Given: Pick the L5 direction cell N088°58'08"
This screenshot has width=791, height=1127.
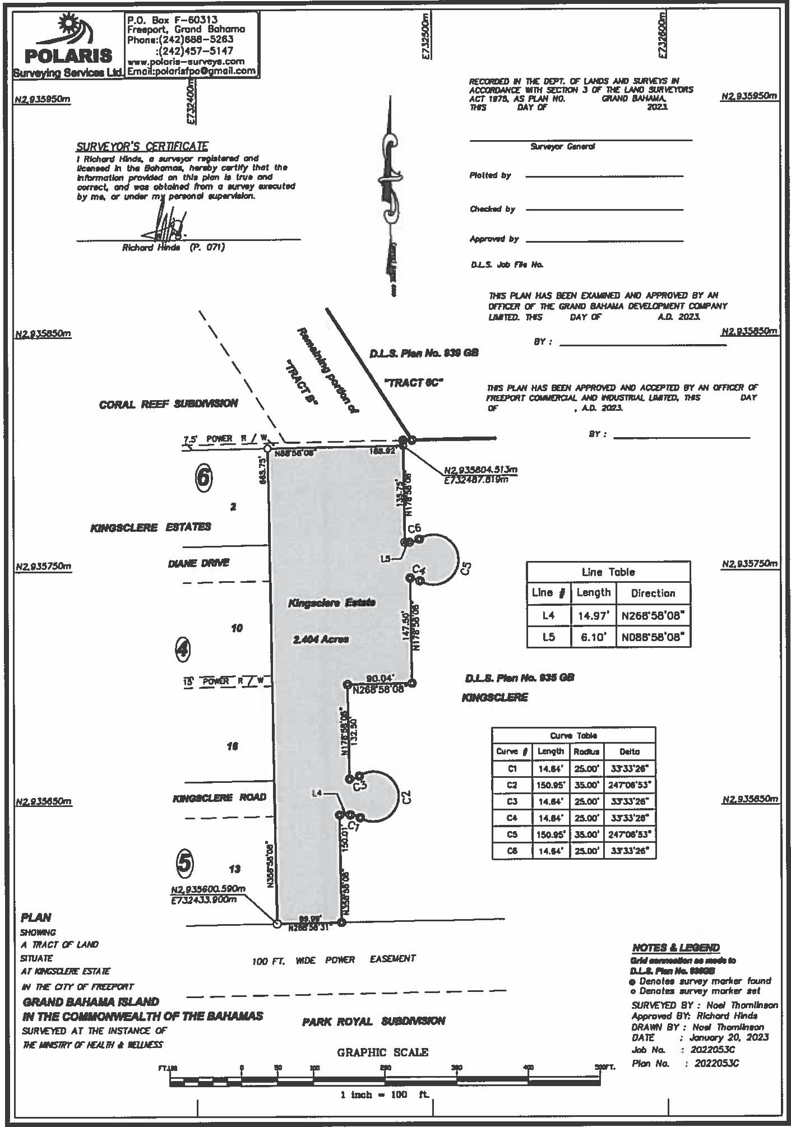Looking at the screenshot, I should pos(653,637).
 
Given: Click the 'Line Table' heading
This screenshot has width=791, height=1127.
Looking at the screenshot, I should pos(608,572).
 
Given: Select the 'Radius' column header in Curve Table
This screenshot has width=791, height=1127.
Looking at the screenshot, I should pos(585,752).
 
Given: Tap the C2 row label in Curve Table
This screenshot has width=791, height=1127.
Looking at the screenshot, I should pos(511,785).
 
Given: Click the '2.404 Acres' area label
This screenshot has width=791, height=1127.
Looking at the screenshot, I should pos(321,639).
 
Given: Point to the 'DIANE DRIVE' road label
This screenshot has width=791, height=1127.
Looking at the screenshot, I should pos(198,563).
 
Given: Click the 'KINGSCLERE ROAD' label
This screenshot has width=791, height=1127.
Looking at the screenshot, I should pos(219,797).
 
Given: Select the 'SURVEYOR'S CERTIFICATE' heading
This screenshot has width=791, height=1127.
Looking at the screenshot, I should pos(142,147).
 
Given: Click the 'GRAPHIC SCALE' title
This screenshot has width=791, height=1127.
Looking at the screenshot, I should pos(382,1052).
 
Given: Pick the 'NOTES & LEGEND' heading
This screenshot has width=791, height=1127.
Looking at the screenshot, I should pos(676,948).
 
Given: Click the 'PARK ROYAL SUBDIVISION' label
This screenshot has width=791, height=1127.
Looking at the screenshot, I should pos(373,1021).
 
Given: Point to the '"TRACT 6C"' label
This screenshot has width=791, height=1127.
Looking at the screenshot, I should pos(414,383).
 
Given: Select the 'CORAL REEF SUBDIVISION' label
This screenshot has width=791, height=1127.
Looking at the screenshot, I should pos(168,404).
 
